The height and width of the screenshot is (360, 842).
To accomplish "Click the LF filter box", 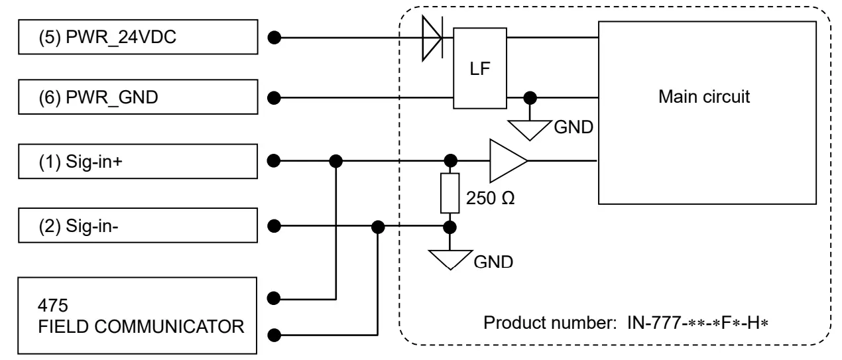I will (481, 70).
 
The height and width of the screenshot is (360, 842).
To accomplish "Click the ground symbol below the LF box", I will (528, 128).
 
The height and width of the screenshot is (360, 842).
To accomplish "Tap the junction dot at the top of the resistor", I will (451, 160).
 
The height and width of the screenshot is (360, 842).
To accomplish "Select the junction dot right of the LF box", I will (528, 99).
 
